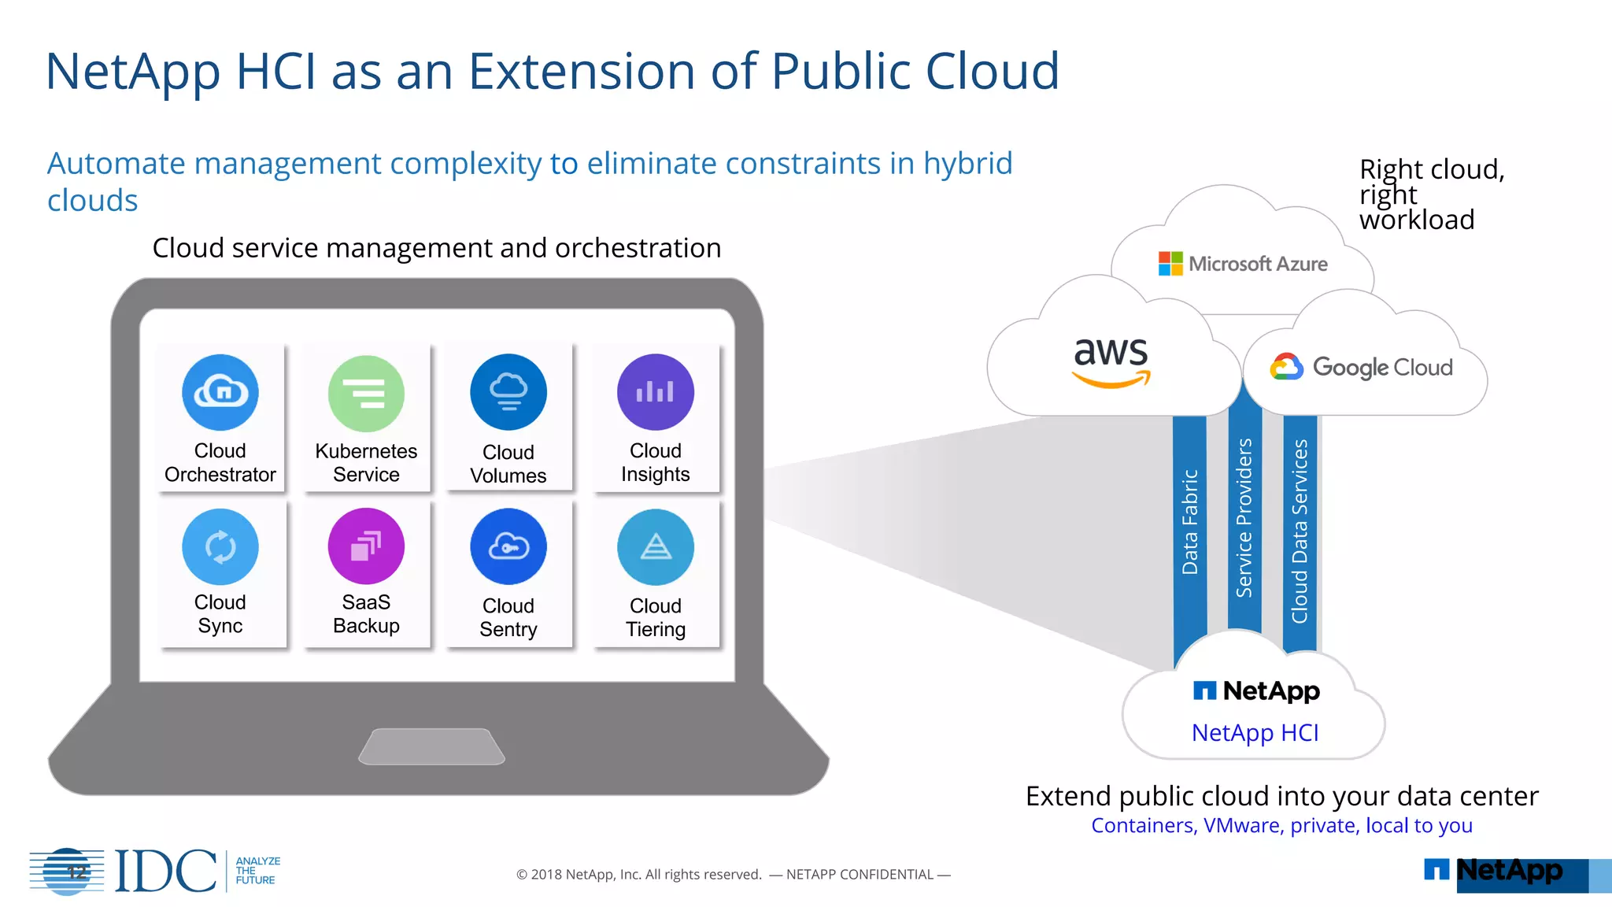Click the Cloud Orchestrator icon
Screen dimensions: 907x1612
(220, 392)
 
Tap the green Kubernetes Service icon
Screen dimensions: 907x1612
(366, 394)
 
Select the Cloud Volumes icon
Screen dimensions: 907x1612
(508, 392)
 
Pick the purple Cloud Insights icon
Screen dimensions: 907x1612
(655, 392)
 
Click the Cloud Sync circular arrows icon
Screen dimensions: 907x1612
(220, 547)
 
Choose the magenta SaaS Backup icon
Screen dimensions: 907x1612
(366, 546)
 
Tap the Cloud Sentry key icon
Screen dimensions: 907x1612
(508, 546)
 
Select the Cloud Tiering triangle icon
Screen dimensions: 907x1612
(655, 547)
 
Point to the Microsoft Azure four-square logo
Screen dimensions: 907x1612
(1170, 264)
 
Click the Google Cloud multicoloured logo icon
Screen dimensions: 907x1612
(1286, 367)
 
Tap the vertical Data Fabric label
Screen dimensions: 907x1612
(1190, 522)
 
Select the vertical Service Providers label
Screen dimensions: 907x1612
(1244, 518)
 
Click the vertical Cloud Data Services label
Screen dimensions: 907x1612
(1300, 531)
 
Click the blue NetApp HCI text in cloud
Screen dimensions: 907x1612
(1255, 733)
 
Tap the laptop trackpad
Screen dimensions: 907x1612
(431, 746)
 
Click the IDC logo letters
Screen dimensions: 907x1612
(165, 872)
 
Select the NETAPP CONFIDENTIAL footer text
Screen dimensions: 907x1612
(860, 875)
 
